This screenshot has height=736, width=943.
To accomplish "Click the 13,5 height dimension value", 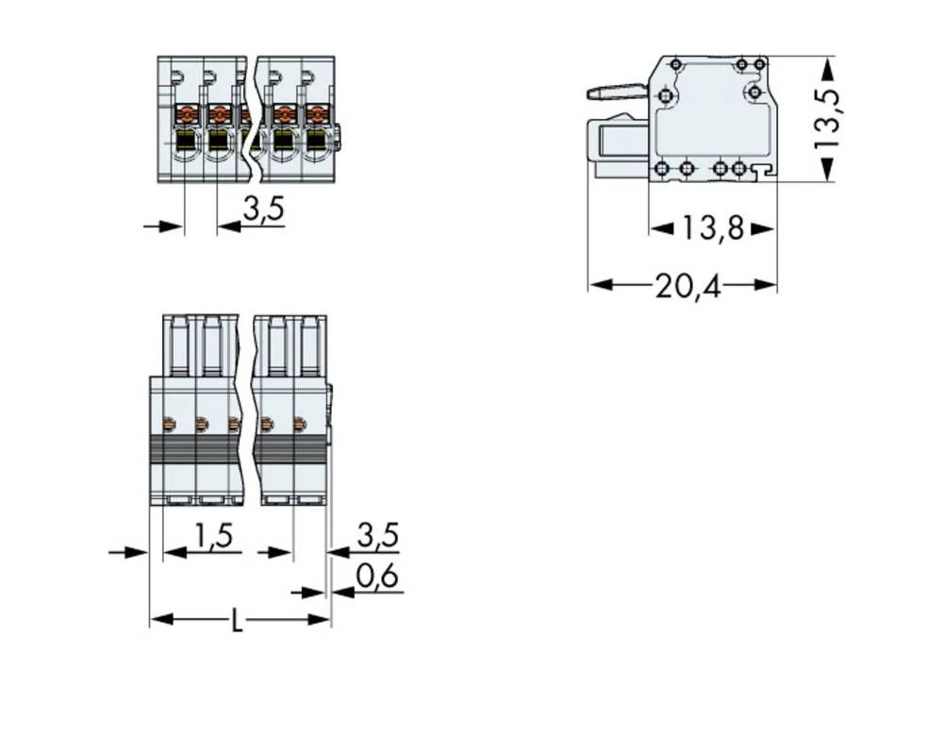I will [829, 118].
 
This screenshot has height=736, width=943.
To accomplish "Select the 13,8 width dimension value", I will [713, 228].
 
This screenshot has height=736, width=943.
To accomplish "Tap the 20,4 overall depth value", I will [688, 285].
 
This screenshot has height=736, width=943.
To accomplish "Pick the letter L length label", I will [238, 621].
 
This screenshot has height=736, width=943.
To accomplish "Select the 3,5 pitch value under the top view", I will [263, 210].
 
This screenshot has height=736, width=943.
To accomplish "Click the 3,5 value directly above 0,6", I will [378, 536].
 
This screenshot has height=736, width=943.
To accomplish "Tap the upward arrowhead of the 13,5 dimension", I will [827, 67].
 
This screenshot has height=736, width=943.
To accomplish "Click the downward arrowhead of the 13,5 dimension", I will [827, 171].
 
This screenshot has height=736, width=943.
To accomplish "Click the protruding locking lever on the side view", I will [616, 92].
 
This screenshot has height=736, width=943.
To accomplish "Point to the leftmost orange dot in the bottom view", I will [169, 425].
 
